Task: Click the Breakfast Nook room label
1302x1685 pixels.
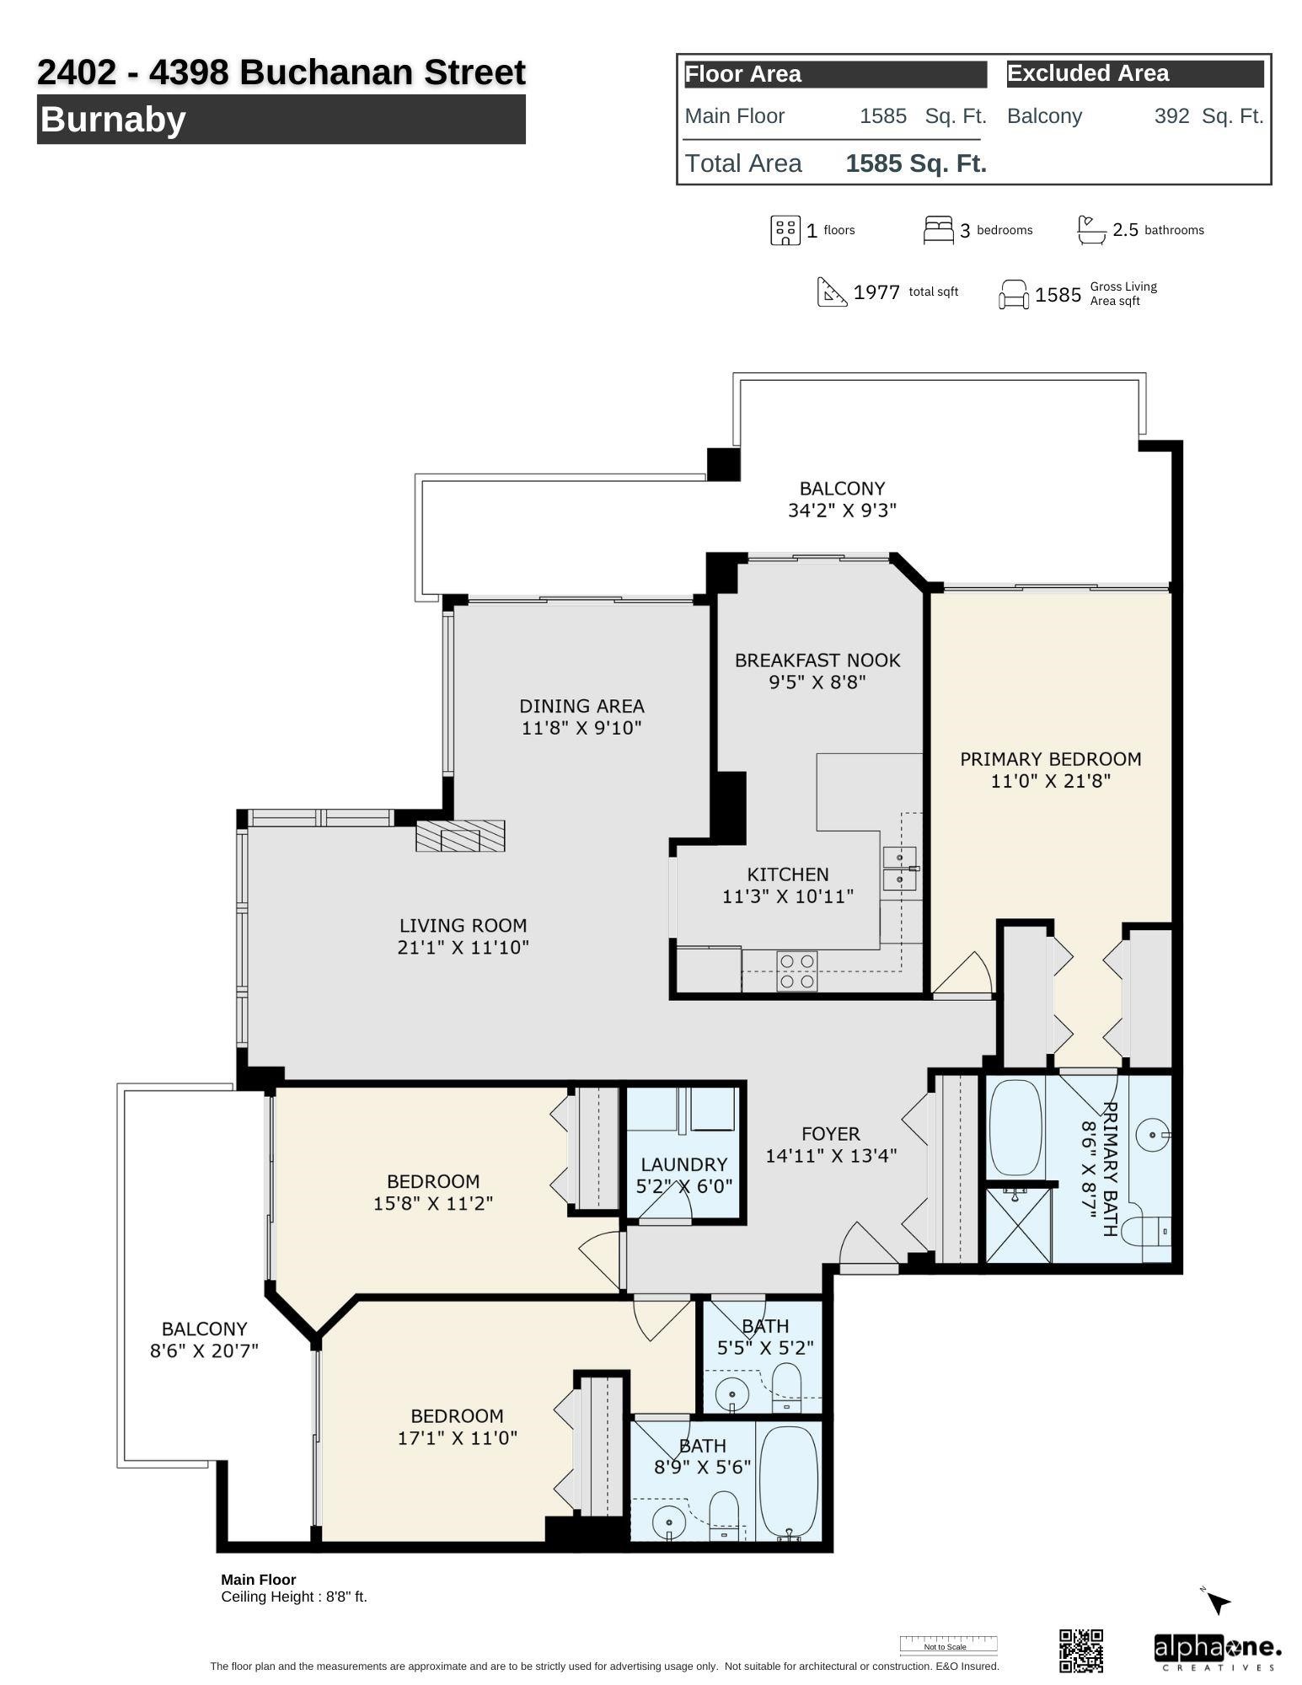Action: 817,661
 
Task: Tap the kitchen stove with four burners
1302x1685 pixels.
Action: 796,971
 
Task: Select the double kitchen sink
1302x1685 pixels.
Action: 899,869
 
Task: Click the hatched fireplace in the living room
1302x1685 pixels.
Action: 460,836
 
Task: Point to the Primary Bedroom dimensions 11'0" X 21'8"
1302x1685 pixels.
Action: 1050,781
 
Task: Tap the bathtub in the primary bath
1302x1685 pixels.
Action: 1015,1129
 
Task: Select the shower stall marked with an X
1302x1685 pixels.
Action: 1018,1225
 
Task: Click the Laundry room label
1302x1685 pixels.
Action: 683,1164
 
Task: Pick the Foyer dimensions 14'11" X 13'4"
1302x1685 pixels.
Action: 830,1156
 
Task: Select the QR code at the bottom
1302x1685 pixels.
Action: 1080,1650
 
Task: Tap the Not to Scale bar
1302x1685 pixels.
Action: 948,1644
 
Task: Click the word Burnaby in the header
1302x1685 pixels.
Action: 112,119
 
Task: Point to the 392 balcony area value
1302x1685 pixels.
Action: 1171,116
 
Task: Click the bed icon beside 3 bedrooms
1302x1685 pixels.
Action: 938,230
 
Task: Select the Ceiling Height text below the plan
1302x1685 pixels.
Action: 294,1597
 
